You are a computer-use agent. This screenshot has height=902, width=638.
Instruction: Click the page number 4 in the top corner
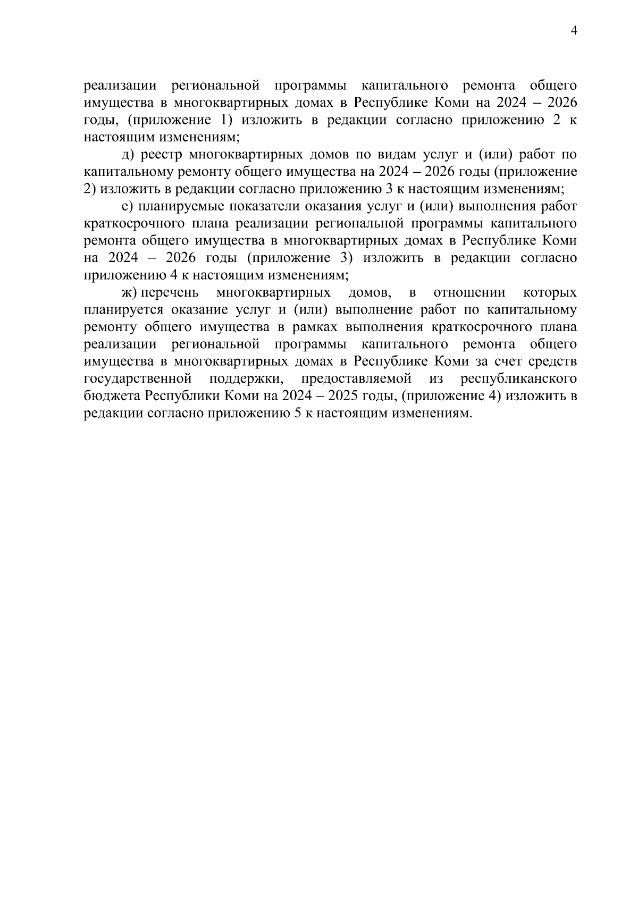pyautogui.click(x=573, y=30)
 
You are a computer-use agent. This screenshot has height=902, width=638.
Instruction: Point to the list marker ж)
pyautogui.click(x=130, y=292)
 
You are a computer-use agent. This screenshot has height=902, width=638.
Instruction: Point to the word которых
pyautogui.click(x=550, y=292)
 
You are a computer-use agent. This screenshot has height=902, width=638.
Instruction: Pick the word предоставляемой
pyautogui.click(x=356, y=379)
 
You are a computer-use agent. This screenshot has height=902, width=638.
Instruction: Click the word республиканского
pyautogui.click(x=519, y=379)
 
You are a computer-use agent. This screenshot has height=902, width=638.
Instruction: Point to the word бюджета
pyautogui.click(x=112, y=396)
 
